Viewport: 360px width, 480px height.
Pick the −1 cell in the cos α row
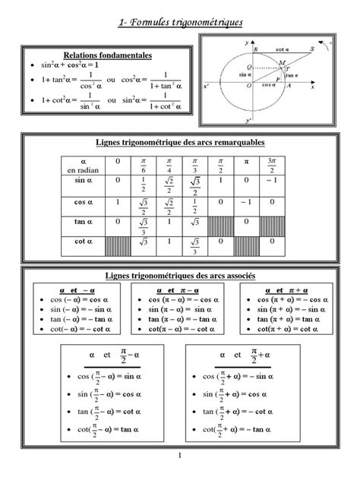(x=245, y=204)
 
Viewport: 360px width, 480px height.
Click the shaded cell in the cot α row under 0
(x=117, y=245)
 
